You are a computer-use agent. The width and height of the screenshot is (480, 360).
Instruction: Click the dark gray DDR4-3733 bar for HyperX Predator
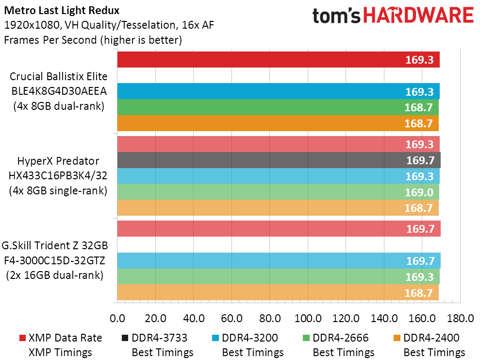(279, 160)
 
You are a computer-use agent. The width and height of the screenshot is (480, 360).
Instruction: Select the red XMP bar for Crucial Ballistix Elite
(278, 59)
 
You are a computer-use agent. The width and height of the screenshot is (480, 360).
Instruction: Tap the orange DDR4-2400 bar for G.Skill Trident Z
(278, 292)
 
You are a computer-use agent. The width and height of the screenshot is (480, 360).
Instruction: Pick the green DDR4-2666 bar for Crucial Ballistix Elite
(278, 107)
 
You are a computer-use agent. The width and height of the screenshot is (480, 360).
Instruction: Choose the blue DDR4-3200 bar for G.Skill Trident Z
(279, 261)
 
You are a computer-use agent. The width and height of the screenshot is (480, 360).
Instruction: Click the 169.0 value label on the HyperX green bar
(419, 192)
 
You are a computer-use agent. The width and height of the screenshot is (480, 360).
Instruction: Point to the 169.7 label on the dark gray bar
(420, 160)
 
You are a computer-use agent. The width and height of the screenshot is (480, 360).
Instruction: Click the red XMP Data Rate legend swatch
(22, 338)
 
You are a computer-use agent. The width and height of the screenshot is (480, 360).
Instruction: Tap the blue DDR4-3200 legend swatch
(215, 338)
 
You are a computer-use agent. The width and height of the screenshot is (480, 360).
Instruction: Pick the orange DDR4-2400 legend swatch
(397, 338)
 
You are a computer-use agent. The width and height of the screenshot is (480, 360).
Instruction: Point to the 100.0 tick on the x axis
(308, 318)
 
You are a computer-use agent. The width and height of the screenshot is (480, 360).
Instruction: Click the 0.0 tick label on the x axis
(117, 318)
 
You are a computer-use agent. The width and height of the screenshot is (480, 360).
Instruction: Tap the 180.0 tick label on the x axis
(461, 318)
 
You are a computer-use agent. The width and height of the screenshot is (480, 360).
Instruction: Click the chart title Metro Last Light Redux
(62, 10)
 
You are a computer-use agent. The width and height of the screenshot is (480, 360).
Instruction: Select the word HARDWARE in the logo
(418, 16)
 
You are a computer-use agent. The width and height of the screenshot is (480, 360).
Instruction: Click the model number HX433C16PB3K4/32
(58, 175)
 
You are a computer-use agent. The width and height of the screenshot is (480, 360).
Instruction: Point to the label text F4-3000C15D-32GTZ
(54, 260)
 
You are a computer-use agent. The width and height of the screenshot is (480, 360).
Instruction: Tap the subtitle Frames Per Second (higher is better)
(93, 40)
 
